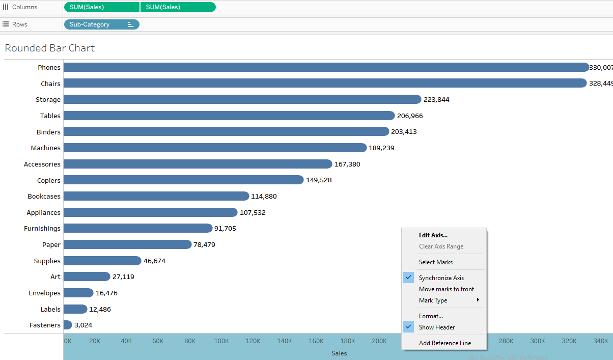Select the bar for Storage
point(242,99)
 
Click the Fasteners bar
point(67,325)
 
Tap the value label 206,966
point(410,116)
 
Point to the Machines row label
point(46,148)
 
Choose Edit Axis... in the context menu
point(433,235)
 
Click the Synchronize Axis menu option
point(441,278)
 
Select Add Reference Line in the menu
point(444,343)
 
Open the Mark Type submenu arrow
point(478,300)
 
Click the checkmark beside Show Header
point(408,327)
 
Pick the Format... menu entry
point(431,316)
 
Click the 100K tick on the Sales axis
point(221,341)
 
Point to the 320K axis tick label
point(569,341)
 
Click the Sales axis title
point(339,353)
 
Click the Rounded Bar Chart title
point(50,48)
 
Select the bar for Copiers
point(183,180)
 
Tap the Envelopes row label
point(45,293)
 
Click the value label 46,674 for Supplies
point(154,261)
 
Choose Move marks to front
point(446,289)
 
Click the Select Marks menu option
point(435,262)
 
